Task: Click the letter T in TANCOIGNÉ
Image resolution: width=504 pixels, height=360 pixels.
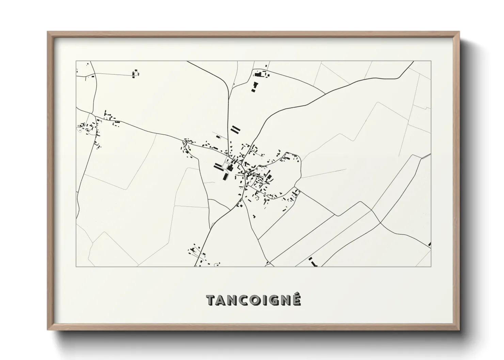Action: click(x=211, y=300)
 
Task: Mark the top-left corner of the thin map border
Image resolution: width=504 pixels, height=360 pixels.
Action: click(x=76, y=61)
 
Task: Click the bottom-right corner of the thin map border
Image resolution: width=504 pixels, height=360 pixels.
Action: click(x=431, y=266)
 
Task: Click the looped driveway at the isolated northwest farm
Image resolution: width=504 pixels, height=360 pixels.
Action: click(x=136, y=73)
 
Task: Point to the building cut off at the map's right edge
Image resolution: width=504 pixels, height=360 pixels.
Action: click(x=430, y=244)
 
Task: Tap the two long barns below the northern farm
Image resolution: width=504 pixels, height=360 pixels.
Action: click(x=254, y=87)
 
